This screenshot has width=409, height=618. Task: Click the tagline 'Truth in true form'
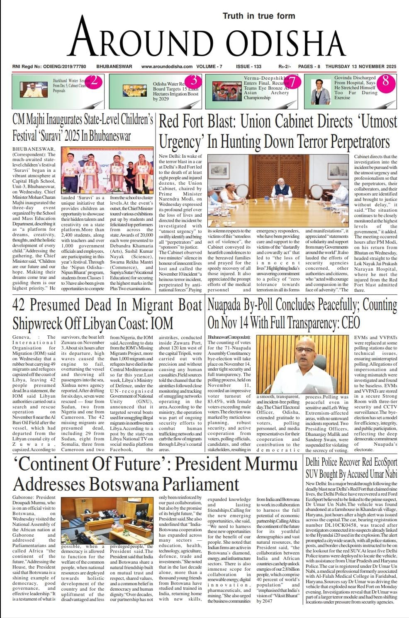(259, 16)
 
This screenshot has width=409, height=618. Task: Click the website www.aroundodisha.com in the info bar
(167, 66)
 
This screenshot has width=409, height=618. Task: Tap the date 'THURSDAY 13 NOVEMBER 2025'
(360, 66)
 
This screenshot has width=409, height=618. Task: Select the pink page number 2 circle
(94, 81)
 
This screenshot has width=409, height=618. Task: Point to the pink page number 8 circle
(385, 81)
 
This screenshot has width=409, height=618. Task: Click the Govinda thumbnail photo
(320, 91)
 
